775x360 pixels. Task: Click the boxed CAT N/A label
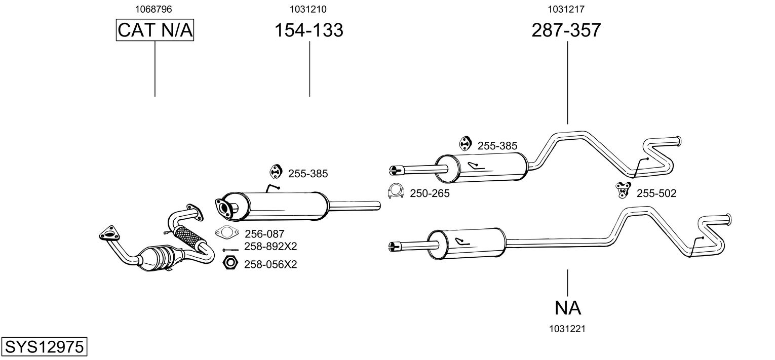(154, 30)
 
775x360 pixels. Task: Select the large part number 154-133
(308, 30)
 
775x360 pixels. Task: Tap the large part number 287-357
(566, 30)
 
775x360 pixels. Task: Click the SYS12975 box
(44, 346)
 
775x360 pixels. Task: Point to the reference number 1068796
(153, 9)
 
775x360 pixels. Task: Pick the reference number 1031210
(308, 9)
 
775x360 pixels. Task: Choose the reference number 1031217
(566, 9)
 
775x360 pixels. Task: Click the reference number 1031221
(567, 329)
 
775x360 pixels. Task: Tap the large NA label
(568, 308)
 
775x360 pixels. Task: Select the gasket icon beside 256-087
(227, 232)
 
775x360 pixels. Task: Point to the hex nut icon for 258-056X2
(230, 263)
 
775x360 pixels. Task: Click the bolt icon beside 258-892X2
(230, 250)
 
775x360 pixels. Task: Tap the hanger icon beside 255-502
(623, 190)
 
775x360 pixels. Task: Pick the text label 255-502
(656, 193)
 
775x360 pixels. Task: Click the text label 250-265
(430, 193)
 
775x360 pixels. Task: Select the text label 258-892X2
(270, 247)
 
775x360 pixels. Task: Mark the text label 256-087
(264, 234)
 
